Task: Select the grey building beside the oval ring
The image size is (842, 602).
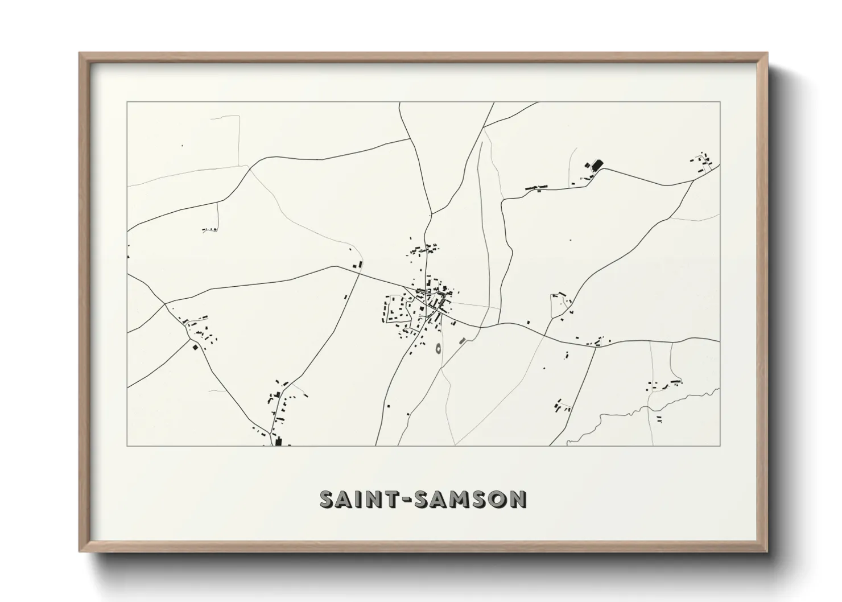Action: click(x=462, y=341)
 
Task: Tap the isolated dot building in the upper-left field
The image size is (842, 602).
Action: click(x=182, y=146)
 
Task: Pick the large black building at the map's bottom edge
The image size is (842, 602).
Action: click(x=278, y=442)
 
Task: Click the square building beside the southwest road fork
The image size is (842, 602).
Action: click(x=196, y=346)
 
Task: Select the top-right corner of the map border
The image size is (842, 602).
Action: click(x=720, y=102)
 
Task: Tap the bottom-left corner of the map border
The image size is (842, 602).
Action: click(x=127, y=446)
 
